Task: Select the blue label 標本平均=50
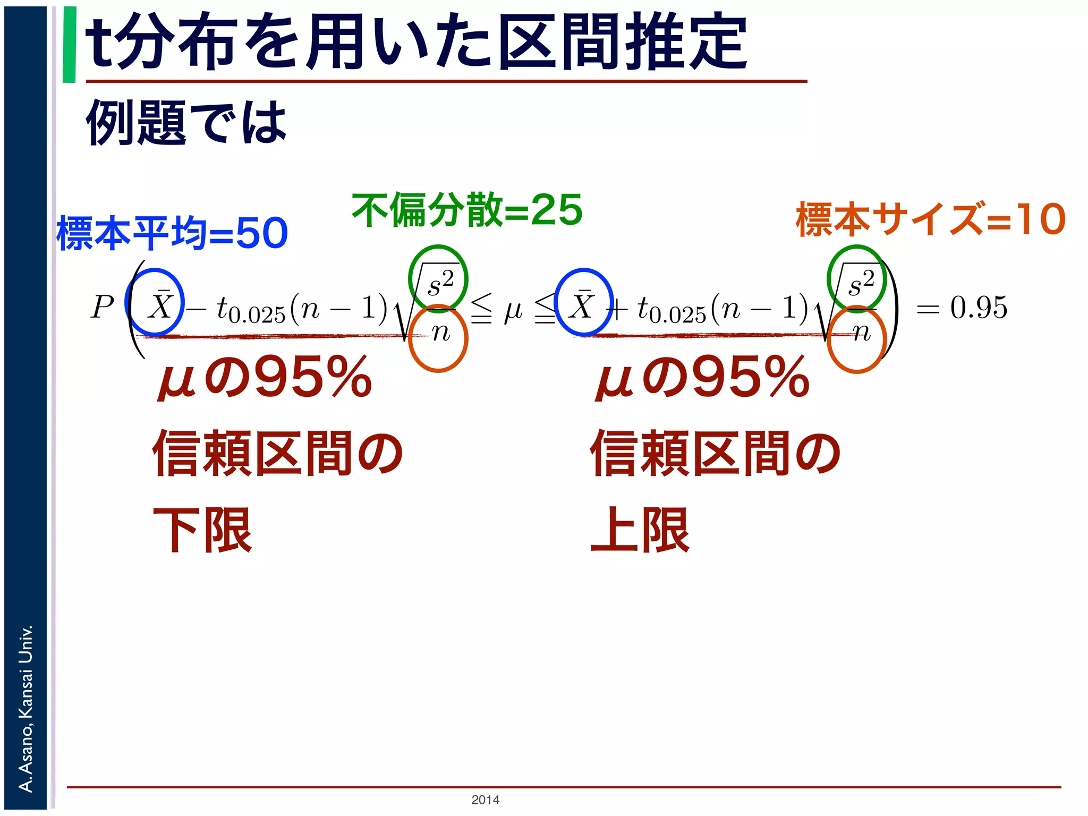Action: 172,233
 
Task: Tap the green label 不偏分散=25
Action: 466,210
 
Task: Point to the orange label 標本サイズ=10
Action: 930,219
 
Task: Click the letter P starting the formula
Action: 103,307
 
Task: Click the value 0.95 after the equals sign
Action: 979,307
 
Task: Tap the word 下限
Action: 202,530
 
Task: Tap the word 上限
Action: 640,530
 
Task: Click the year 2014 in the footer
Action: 485,800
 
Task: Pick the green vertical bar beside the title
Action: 69,45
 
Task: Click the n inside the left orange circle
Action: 440,334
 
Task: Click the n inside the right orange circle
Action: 861,334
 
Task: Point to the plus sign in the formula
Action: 618,308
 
